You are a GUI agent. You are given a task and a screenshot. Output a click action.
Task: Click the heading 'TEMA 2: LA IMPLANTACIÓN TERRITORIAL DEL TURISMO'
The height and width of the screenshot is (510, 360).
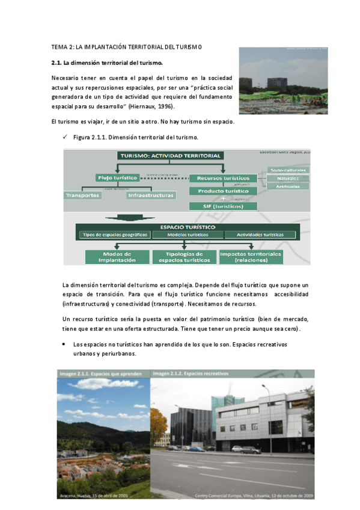127,47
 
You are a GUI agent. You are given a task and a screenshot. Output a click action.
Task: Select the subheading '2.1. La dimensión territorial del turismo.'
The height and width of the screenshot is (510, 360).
107,62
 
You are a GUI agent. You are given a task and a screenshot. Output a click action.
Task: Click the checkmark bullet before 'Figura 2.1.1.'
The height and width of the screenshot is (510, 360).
65,138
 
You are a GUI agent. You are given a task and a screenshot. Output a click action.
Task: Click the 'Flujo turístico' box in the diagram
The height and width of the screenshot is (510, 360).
118,178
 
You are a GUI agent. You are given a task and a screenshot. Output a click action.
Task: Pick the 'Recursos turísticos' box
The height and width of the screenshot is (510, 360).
223,178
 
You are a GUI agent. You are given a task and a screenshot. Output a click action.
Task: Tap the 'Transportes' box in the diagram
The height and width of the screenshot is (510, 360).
84,195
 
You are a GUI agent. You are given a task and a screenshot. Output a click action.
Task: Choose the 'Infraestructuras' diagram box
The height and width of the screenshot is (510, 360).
151,195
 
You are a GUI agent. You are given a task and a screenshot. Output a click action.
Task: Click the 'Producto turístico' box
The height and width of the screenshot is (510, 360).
223,191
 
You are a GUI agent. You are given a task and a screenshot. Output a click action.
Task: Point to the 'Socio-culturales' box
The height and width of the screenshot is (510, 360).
288,170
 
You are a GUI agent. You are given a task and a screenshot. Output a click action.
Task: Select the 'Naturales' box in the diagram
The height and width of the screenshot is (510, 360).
288,178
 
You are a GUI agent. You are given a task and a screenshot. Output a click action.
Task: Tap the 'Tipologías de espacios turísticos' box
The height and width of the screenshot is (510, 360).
184,257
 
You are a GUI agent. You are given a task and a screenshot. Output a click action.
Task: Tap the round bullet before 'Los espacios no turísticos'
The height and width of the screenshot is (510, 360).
64,345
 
